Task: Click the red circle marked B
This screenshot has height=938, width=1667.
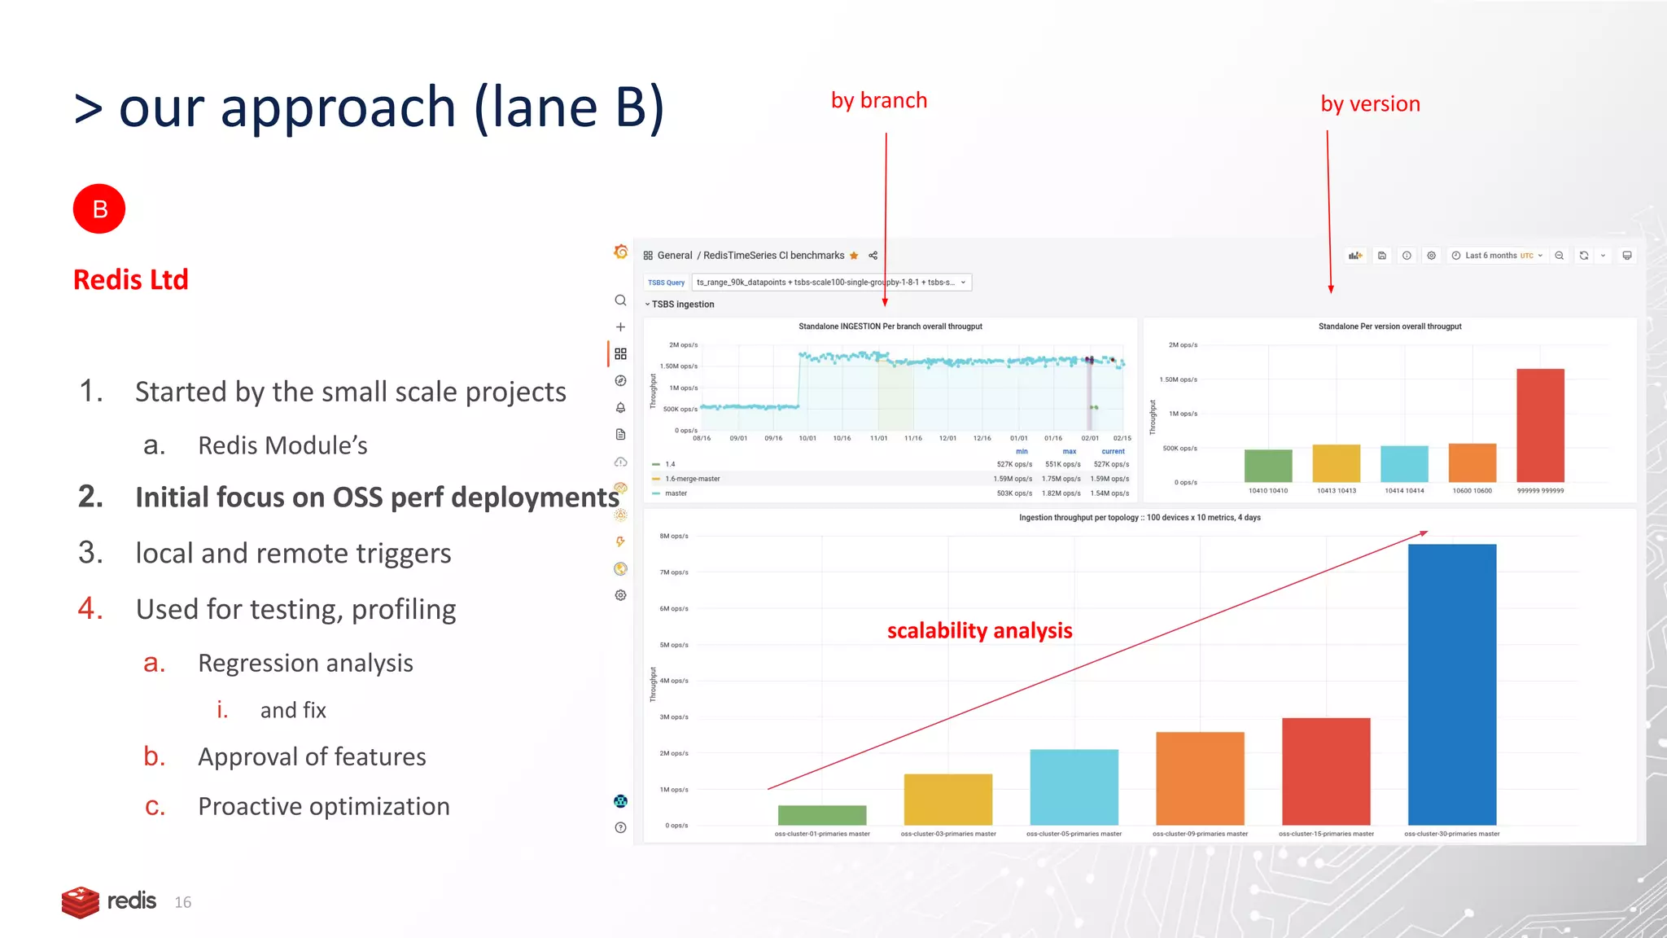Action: point(99,209)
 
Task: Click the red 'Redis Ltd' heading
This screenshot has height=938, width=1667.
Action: point(131,279)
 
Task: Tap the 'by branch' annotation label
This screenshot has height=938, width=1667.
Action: point(879,100)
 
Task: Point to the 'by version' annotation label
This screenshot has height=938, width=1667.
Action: point(1370,103)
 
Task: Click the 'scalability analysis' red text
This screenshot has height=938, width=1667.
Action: point(979,630)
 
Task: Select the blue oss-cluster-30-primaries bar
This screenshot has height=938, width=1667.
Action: point(1451,684)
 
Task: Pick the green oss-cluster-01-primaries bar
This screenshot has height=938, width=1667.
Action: point(822,814)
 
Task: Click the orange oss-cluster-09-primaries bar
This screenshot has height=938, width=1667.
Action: point(1200,778)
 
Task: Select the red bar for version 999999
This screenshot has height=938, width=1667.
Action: point(1540,425)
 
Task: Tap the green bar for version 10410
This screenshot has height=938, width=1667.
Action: point(1268,465)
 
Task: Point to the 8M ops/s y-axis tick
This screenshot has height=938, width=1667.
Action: point(674,536)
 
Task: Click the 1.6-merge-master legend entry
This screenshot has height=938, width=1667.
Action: point(692,479)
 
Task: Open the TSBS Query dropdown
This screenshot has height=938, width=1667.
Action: point(831,283)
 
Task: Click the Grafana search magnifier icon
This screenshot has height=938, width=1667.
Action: point(620,300)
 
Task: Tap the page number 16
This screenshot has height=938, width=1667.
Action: point(183,902)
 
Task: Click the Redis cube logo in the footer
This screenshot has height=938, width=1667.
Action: point(80,901)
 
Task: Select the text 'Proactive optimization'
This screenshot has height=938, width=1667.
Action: point(324,806)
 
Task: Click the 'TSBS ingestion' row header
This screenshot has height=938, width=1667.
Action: point(682,305)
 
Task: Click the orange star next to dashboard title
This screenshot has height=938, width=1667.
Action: point(854,256)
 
